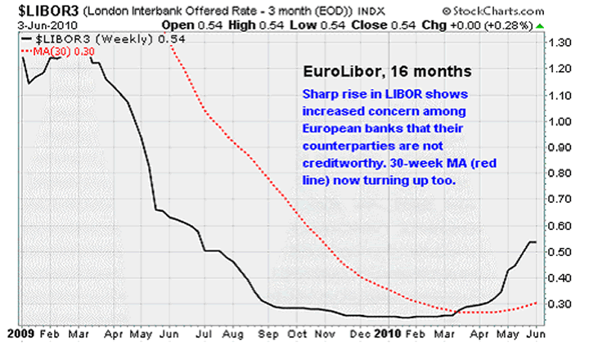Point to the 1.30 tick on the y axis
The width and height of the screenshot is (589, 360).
tap(562, 42)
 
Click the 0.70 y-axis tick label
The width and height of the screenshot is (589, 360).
tap(562, 199)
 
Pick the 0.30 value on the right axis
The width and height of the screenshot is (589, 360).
tap(562, 304)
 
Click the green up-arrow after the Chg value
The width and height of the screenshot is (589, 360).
tap(541, 25)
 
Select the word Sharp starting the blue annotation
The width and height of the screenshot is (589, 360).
tap(320, 94)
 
